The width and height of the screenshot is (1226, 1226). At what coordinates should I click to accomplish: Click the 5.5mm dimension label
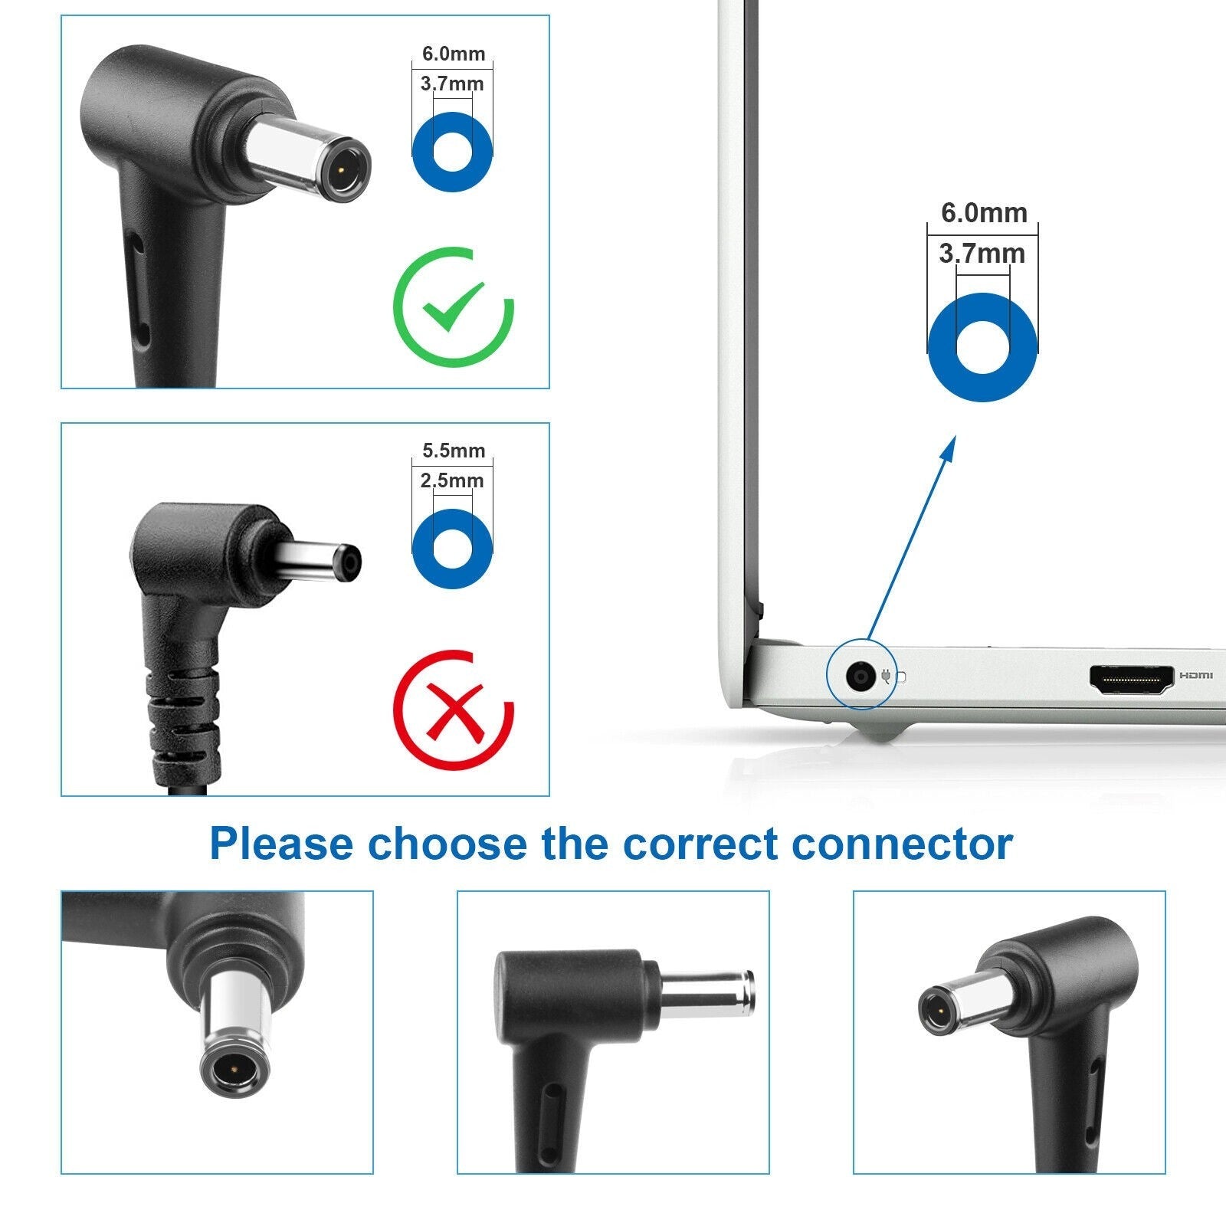pos(454,451)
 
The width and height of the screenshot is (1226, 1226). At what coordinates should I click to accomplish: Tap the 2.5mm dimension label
pos(452,481)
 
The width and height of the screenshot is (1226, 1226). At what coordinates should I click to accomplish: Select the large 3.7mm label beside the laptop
pos(982,253)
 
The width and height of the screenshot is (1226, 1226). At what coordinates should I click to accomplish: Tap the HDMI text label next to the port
pos(1196,676)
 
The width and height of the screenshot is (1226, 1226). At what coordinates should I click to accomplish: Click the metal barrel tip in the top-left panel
pos(310,153)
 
